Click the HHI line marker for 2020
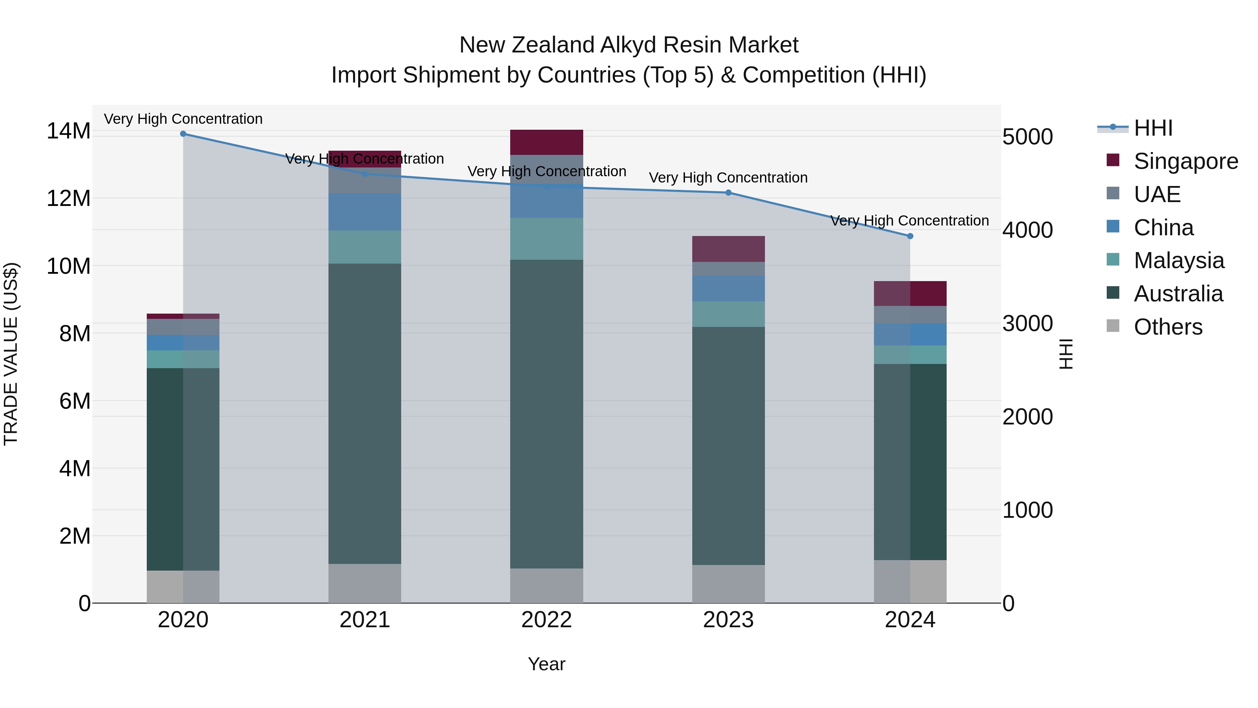(183, 134)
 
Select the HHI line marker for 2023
(728, 193)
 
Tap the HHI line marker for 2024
(910, 236)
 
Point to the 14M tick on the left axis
(68, 131)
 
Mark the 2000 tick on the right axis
(1027, 417)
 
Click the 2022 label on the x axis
(547, 620)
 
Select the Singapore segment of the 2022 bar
(547, 142)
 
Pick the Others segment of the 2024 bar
(910, 581)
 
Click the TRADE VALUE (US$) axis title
(11, 354)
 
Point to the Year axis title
(547, 664)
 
